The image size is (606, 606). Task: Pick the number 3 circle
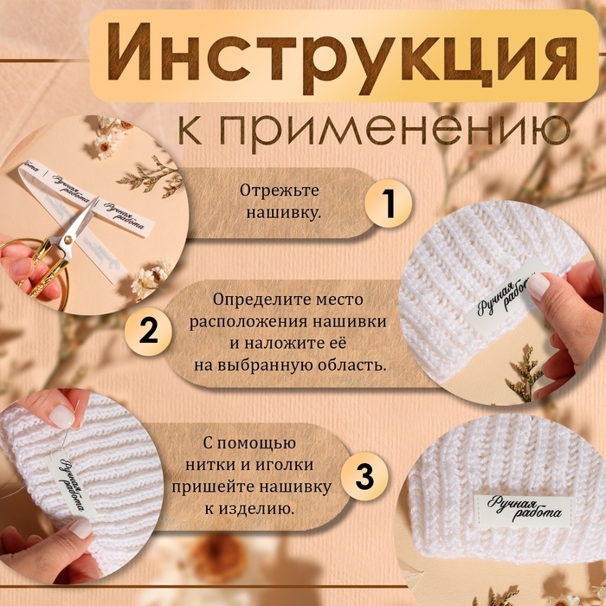(x=365, y=475)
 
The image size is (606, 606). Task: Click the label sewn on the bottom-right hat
(x=522, y=511)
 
